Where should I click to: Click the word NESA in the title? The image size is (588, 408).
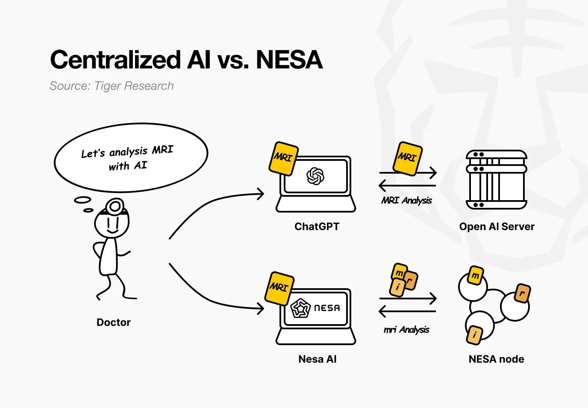pyautogui.click(x=289, y=59)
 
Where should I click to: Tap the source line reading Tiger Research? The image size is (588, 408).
pyautogui.click(x=112, y=86)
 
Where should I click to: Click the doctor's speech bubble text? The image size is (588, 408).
pyautogui.click(x=128, y=158)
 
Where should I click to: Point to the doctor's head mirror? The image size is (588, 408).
pyautogui.click(x=114, y=207)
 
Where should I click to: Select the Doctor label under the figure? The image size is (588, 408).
pyautogui.click(x=114, y=322)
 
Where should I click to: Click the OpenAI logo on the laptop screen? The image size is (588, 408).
pyautogui.click(x=315, y=176)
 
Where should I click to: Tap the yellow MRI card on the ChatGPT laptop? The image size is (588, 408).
pyautogui.click(x=283, y=158)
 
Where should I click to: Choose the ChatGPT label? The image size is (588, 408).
pyautogui.click(x=317, y=227)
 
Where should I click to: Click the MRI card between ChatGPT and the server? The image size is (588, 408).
pyautogui.click(x=406, y=158)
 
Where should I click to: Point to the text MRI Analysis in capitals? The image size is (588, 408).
pyautogui.click(x=406, y=200)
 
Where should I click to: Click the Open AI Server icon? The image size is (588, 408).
pyautogui.click(x=496, y=179)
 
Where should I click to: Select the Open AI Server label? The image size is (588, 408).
pyautogui.click(x=497, y=227)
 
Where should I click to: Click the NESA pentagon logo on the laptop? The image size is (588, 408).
pyautogui.click(x=300, y=308)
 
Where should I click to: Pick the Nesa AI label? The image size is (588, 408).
pyautogui.click(x=317, y=359)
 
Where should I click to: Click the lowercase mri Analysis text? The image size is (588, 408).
pyautogui.click(x=406, y=329)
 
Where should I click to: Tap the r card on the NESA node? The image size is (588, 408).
pyautogui.click(x=522, y=293)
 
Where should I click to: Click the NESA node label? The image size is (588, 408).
pyautogui.click(x=496, y=359)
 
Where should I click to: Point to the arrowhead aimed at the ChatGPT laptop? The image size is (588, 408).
pyautogui.click(x=261, y=194)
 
